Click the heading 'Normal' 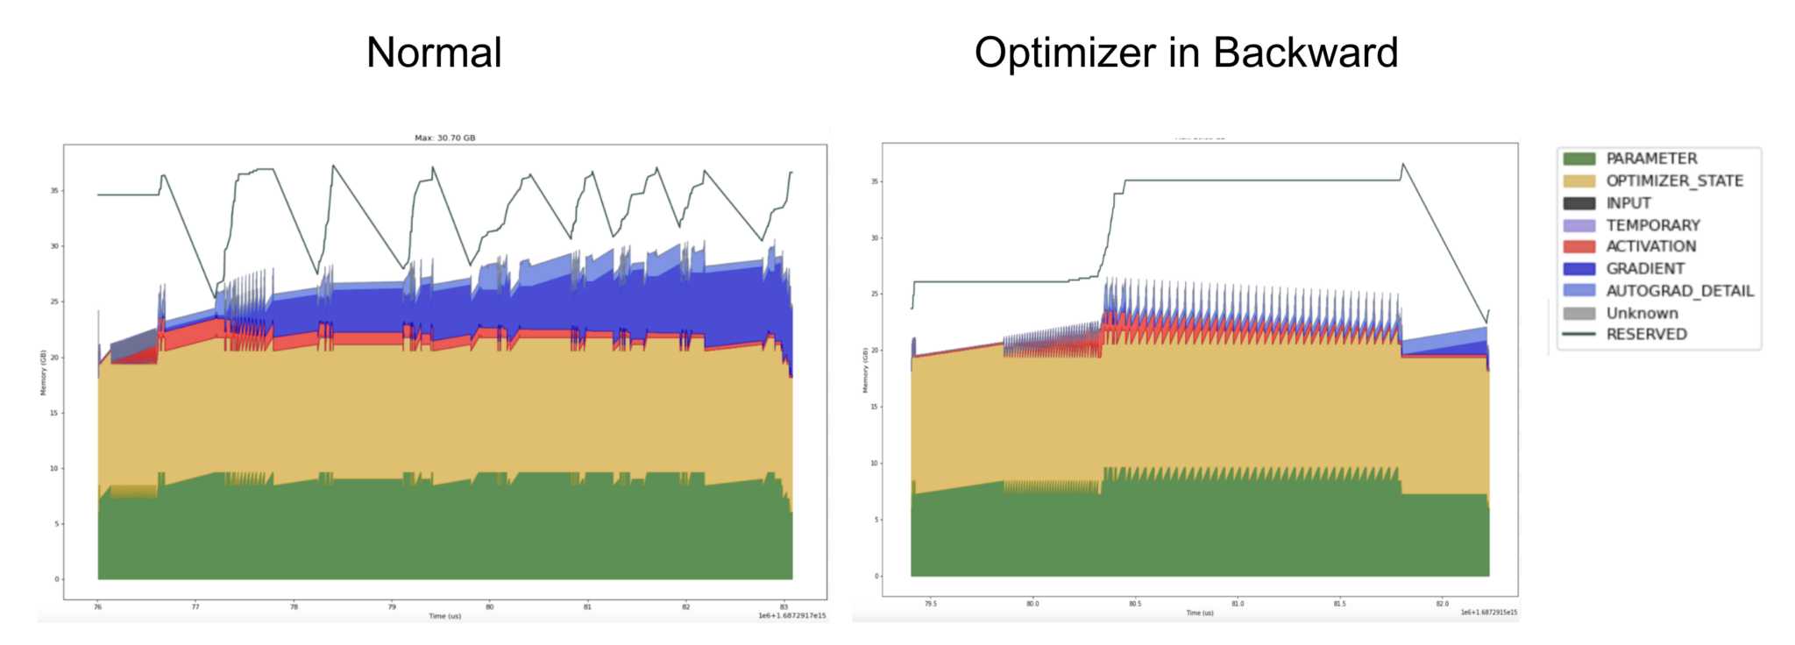[434, 53]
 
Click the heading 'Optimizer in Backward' [1186, 53]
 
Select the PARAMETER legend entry [1650, 159]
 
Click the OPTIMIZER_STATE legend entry [1673, 181]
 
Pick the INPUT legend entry [1628, 203]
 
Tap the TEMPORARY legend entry [1652, 225]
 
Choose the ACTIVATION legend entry [1650, 246]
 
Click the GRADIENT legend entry [1644, 269]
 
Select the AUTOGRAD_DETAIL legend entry [1679, 291]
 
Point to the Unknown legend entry [1642, 313]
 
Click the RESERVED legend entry [1645, 335]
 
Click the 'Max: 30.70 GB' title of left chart [444, 138]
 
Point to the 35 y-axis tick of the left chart [54, 190]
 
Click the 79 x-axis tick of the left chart [392, 606]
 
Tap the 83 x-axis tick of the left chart [784, 606]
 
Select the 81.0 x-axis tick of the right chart [1237, 604]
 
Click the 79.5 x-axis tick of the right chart [930, 604]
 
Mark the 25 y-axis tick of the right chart [874, 294]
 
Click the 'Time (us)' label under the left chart [444, 616]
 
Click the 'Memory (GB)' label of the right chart [865, 370]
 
